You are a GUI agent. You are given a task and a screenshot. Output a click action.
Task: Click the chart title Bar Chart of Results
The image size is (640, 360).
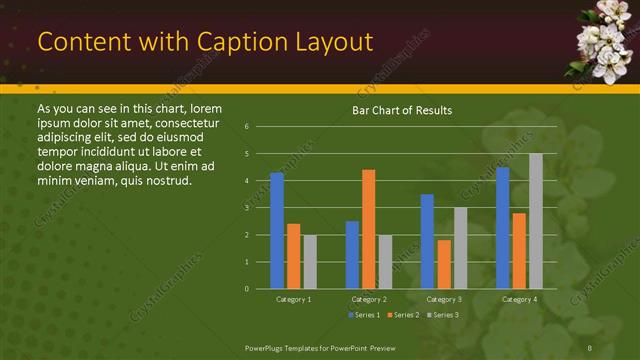pyautogui.click(x=402, y=110)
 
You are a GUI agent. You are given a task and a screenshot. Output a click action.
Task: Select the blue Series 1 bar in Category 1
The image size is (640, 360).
pyautogui.click(x=276, y=231)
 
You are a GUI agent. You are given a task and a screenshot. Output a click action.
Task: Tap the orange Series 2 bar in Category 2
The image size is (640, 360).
pyautogui.click(x=368, y=229)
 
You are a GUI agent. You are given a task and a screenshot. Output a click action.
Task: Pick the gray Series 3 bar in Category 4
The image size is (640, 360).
pyautogui.click(x=536, y=221)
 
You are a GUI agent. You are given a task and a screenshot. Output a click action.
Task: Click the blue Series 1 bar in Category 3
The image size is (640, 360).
pyautogui.click(x=427, y=241)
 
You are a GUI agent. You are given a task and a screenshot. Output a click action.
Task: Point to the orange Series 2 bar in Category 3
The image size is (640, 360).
pyautogui.click(x=444, y=264)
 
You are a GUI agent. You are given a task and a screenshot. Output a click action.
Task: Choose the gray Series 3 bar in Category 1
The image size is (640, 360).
pyautogui.click(x=310, y=262)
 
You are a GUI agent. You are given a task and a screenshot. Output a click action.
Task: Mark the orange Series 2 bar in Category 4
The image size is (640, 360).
pyautogui.click(x=519, y=251)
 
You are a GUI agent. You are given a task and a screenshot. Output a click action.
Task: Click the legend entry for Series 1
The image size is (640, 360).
pyautogui.click(x=363, y=315)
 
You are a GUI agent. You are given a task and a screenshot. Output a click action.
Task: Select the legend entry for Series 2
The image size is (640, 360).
pyautogui.click(x=402, y=315)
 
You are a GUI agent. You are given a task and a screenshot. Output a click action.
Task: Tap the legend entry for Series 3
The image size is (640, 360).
pyautogui.click(x=442, y=315)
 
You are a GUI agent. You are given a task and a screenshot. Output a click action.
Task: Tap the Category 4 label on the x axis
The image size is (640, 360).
pyautogui.click(x=519, y=299)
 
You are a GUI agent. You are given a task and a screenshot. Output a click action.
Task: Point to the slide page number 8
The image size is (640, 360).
pyautogui.click(x=591, y=347)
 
